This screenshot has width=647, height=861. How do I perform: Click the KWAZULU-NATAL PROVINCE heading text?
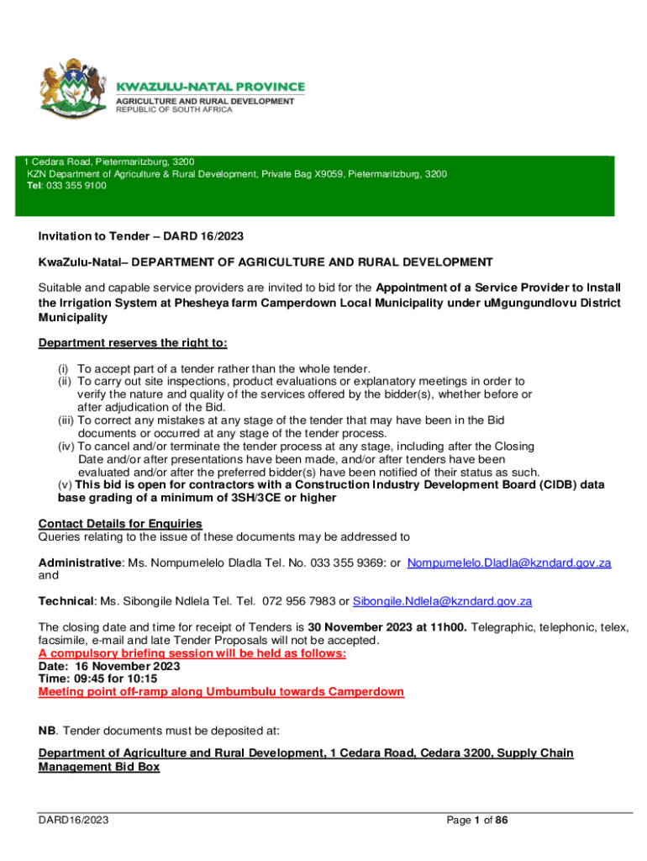click(210, 87)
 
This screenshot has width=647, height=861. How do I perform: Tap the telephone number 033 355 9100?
click(78, 186)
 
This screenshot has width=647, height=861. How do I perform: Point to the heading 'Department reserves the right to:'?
click(133, 343)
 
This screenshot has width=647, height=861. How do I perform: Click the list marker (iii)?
click(66, 420)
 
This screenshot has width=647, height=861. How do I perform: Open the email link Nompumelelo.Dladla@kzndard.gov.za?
click(509, 563)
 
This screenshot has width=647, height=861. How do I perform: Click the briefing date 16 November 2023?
click(127, 666)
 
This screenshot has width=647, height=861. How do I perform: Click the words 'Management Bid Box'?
click(99, 767)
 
